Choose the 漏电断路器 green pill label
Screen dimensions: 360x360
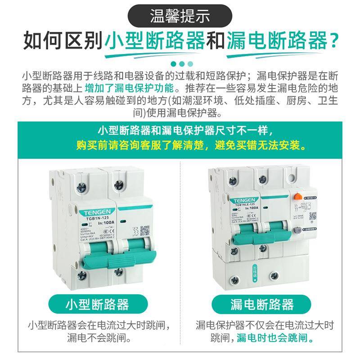click(256, 304)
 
